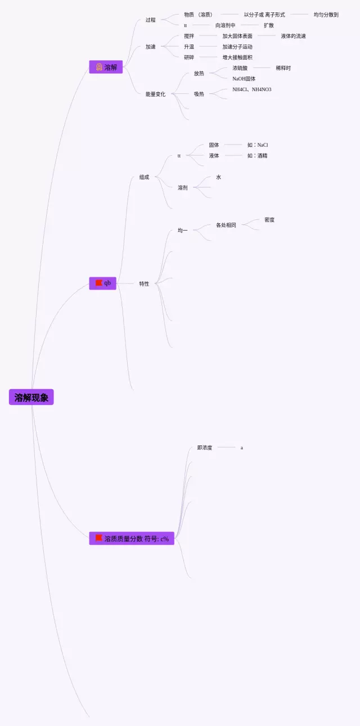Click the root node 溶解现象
coord(31,398)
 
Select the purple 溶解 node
coord(106,67)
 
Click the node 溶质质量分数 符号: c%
coord(132,539)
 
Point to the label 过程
coord(150,20)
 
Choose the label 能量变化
coord(155,94)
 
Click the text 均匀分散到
coord(326,15)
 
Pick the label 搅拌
coord(189,36)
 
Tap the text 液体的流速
coord(294,36)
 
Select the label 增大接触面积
coord(237,57)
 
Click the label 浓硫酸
coord(240,68)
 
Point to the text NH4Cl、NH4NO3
coord(251,89)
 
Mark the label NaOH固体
coord(244,79)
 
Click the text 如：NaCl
coord(258,145)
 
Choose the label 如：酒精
coord(257,156)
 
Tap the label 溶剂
coord(183,188)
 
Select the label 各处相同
coord(226,225)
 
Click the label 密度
coord(269,220)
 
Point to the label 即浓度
coord(205,448)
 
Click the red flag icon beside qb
coord(98,283)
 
